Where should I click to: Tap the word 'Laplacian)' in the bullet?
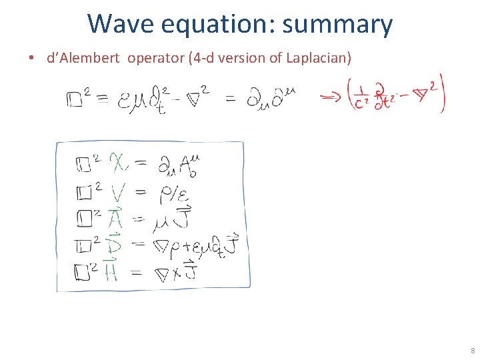click(x=319, y=58)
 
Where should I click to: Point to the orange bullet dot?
click(x=31, y=58)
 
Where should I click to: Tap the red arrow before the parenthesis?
click(x=331, y=98)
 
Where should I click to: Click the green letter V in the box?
click(x=117, y=193)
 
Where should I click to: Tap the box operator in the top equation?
click(x=75, y=100)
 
